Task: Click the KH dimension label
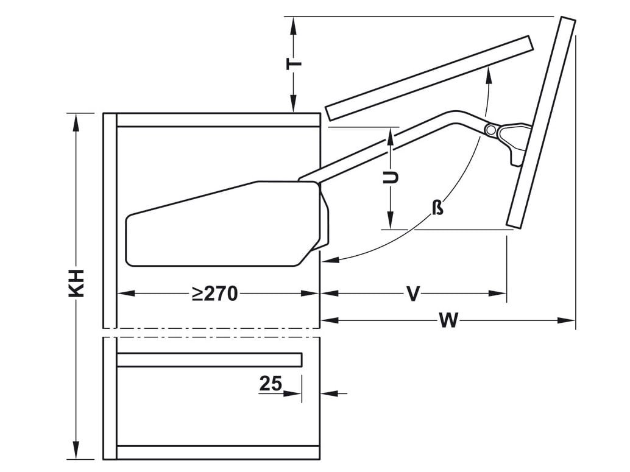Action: [76, 283]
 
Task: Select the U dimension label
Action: [391, 177]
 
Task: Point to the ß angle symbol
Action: [437, 208]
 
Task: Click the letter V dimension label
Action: [413, 294]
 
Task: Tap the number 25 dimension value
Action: [271, 384]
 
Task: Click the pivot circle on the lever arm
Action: [490, 130]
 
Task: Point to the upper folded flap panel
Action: [430, 77]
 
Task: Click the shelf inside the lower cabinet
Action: [209, 359]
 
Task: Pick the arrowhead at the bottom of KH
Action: [76, 453]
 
